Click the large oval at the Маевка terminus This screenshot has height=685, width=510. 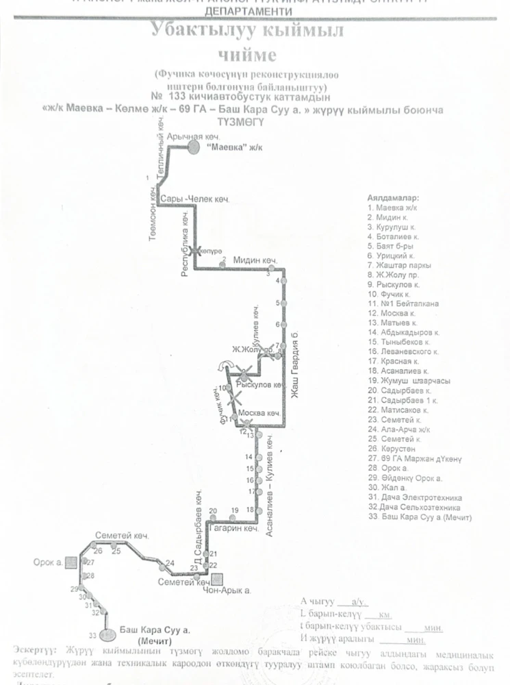(x=193, y=146)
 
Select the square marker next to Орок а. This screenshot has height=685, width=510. (x=72, y=562)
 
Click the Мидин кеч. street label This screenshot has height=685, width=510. (x=254, y=260)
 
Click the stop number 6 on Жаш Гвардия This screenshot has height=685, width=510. (x=278, y=324)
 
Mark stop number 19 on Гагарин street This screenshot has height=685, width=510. (x=235, y=510)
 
